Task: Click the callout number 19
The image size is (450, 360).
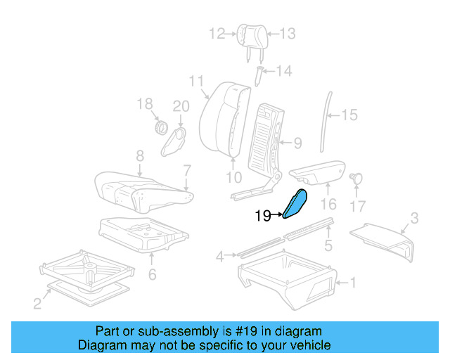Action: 263,217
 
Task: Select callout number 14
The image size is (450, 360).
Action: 283,70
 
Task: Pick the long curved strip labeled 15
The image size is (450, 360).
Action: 324,120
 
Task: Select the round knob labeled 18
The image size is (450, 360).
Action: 160,128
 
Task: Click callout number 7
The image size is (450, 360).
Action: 187,169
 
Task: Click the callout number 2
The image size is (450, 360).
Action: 37,303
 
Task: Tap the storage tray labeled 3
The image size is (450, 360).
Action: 383,237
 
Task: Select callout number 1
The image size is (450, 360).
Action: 353,283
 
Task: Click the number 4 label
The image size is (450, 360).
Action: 219,257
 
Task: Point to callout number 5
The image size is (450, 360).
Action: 328,245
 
